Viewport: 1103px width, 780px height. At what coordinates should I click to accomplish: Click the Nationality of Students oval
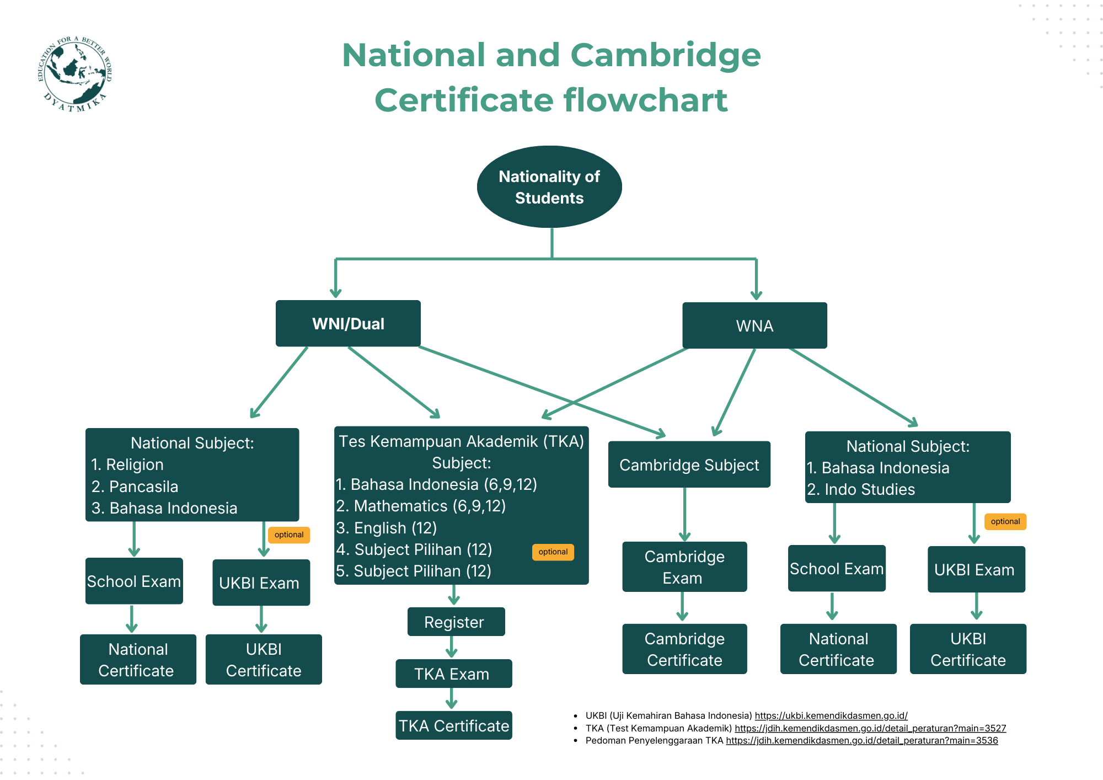[x=549, y=187]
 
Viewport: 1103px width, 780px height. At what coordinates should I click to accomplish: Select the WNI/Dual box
[x=348, y=324]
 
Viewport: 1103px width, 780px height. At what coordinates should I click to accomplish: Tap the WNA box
[x=754, y=326]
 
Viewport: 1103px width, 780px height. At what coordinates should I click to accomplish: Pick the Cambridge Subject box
[x=689, y=465]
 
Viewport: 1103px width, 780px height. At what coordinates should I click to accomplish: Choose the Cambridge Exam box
[x=684, y=567]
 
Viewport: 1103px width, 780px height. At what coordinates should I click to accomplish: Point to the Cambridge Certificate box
[x=684, y=649]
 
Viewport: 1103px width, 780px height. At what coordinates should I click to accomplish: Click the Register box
[x=456, y=622]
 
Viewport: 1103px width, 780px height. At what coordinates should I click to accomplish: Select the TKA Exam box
[x=453, y=674]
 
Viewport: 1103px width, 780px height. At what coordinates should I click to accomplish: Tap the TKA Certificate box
[x=453, y=726]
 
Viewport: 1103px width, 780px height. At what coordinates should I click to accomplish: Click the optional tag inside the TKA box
[x=553, y=552]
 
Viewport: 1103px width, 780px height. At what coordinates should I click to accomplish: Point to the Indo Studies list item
[x=869, y=489]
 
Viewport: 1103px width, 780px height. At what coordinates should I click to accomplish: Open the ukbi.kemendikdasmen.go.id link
[x=831, y=715]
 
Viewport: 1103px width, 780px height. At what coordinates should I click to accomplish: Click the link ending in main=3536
[x=861, y=740]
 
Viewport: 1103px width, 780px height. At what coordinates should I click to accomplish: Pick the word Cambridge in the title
[x=665, y=55]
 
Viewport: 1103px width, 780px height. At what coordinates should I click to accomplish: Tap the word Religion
[x=135, y=464]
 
